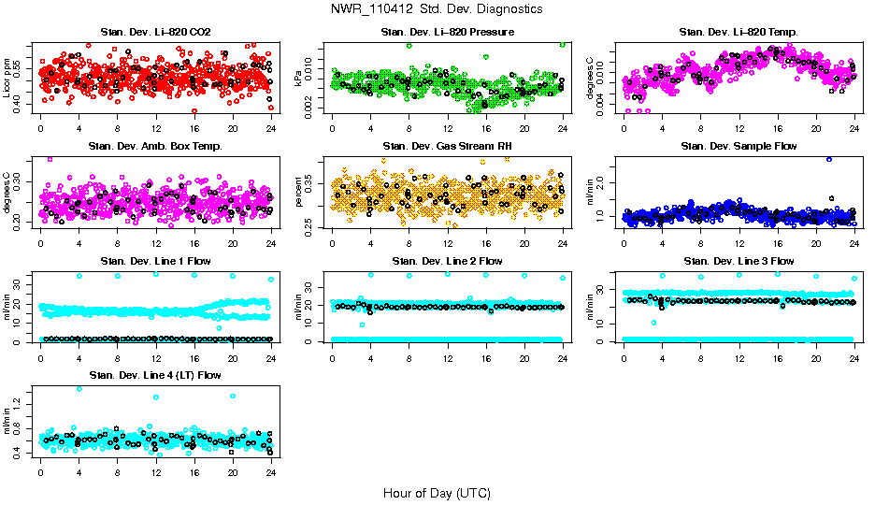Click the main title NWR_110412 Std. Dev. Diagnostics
coord(437,8)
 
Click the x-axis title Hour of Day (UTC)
coord(437,493)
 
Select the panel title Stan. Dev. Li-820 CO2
coord(154,33)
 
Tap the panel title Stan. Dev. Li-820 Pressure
coord(447,33)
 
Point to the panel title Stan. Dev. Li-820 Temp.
coord(739,33)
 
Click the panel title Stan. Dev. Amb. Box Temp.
coord(154,147)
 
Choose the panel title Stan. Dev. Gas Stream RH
coord(447,147)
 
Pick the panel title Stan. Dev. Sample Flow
coord(739,147)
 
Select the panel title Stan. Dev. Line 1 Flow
coord(154,261)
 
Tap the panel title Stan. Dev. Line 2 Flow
coord(447,261)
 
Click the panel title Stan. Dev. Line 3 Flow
coord(739,261)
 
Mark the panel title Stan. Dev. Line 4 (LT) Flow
coord(154,375)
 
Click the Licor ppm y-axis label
coord(7,78)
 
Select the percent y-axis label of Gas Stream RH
coord(299,192)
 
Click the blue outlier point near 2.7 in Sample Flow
coord(828,159)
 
